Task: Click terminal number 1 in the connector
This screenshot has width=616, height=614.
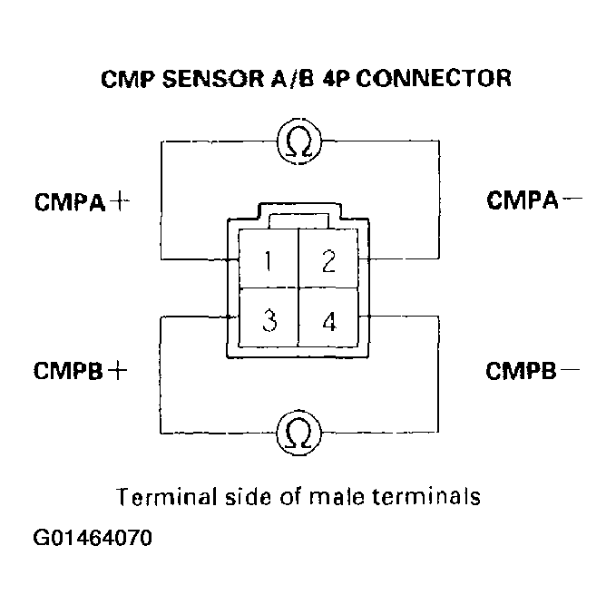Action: pos(269,262)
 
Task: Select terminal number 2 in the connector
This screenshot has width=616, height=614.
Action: pos(328,262)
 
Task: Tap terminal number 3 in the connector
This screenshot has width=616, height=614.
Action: pos(269,322)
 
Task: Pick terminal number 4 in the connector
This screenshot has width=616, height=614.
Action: pos(328,322)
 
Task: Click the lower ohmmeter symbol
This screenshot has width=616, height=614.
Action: pos(299,433)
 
